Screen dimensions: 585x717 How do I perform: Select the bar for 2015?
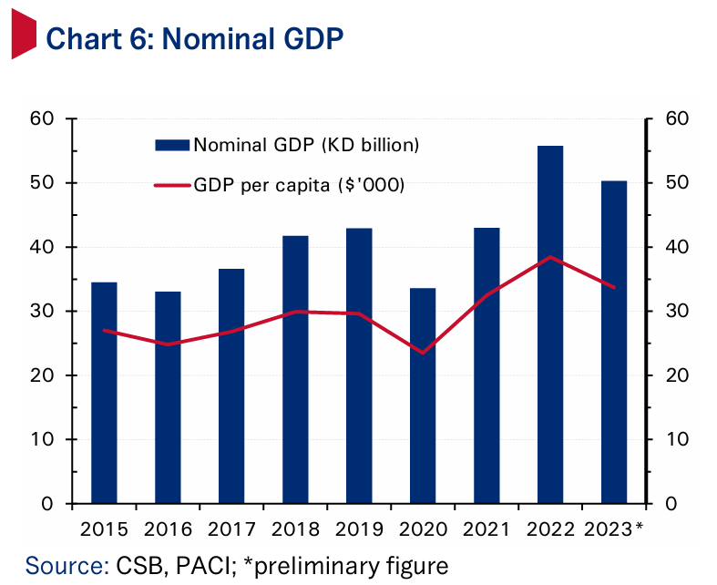[x=104, y=393]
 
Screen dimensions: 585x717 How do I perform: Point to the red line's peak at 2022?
[x=549, y=257]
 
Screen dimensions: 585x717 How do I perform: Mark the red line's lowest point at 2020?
[x=422, y=352]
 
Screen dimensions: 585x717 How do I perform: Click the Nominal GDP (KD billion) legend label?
[x=306, y=145]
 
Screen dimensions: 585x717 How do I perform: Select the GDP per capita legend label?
[x=299, y=185]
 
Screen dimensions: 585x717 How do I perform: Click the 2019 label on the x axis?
[x=358, y=529]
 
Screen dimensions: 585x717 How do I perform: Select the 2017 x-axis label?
[x=230, y=529]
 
